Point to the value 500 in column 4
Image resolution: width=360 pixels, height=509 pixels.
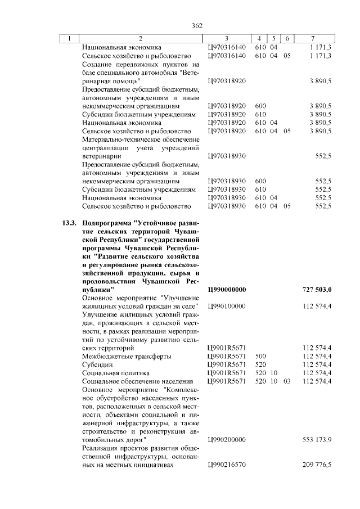click(x=260, y=356)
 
